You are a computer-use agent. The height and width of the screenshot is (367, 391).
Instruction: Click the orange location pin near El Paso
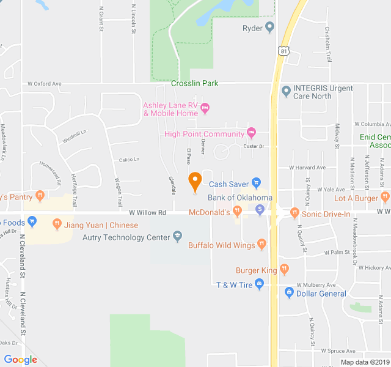coord(195,181)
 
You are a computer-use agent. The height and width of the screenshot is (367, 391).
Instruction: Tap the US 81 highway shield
coord(283,52)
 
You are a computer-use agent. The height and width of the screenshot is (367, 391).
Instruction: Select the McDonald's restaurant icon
coord(238,211)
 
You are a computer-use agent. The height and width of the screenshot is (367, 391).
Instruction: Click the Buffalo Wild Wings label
coord(221,245)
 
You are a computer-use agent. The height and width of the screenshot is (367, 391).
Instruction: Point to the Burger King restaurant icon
coord(284,269)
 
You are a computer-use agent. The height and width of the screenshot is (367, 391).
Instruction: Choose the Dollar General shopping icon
coord(288,293)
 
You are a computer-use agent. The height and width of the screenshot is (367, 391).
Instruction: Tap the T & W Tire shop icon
coord(259,284)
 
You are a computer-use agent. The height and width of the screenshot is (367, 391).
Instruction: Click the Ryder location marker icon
coord(269,28)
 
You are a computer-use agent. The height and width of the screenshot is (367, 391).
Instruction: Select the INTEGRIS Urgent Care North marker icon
coord(285,92)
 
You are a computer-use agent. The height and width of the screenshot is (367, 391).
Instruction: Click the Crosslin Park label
coord(195,83)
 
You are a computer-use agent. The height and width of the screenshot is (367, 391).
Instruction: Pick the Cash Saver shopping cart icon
coord(257,183)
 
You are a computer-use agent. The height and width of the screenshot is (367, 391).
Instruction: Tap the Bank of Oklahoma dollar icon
coord(260,210)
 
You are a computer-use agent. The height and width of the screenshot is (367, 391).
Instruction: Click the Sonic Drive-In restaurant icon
coord(295,213)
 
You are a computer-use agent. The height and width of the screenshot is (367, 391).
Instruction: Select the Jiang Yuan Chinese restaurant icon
coord(57,224)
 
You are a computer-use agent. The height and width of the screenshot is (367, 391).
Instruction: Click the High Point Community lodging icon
coord(251,133)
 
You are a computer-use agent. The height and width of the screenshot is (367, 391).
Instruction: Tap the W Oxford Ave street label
coord(45,84)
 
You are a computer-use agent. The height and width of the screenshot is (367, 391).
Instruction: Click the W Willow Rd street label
coord(147,213)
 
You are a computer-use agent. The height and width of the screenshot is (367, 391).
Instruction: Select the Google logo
coord(20,360)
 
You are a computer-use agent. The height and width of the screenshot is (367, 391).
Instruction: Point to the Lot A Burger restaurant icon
coord(384,197)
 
